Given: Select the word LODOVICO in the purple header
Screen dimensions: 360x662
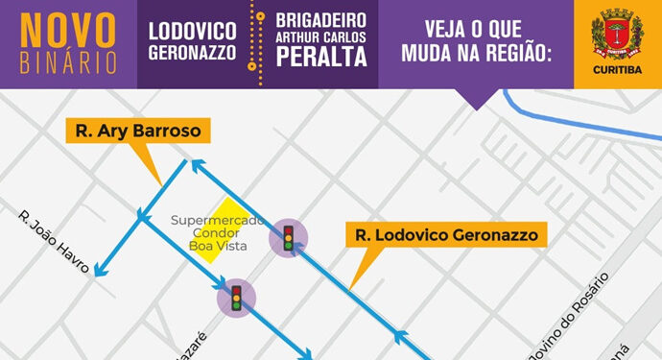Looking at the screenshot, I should pyautogui.click(x=192, y=29).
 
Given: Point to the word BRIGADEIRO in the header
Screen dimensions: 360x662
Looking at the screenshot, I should pyautogui.click(x=321, y=18).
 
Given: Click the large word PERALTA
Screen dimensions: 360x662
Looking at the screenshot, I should pyautogui.click(x=321, y=57).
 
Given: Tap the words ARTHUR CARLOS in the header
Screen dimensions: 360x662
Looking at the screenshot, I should pyautogui.click(x=321, y=36).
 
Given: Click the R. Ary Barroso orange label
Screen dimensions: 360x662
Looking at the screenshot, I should pyautogui.click(x=139, y=132).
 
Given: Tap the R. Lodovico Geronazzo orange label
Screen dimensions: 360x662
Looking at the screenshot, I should pyautogui.click(x=446, y=235).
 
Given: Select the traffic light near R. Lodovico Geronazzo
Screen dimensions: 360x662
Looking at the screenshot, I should pyautogui.click(x=288, y=236).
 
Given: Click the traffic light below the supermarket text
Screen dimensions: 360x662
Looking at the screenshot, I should pyautogui.click(x=236, y=298).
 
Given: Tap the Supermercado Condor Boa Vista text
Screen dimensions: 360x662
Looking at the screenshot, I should pyautogui.click(x=209, y=233).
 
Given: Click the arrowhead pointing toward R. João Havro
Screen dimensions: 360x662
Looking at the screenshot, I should pyautogui.click(x=97, y=274).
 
